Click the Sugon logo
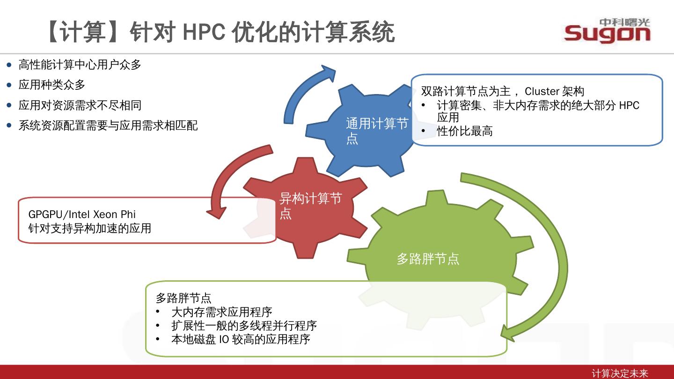pyautogui.click(x=607, y=31)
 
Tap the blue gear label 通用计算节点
pyautogui.click(x=377, y=131)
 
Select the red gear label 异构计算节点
pyautogui.click(x=310, y=205)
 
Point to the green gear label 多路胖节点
pyautogui.click(x=428, y=259)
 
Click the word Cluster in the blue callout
pyautogui.click(x=542, y=91)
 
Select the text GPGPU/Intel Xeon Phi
pyautogui.click(x=82, y=214)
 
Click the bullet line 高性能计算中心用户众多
pyautogui.click(x=80, y=65)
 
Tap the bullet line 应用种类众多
pyautogui.click(x=52, y=85)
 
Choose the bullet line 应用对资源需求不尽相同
pyautogui.click(x=80, y=105)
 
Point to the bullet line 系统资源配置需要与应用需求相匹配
pyautogui.click(x=108, y=125)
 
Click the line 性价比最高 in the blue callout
pyautogui.click(x=464, y=131)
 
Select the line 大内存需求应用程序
pyautogui.click(x=221, y=312)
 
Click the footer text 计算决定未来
pyautogui.click(x=620, y=373)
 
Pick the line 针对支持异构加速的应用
pyautogui.click(x=89, y=228)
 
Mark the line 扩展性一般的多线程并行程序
pyautogui.click(x=244, y=325)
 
